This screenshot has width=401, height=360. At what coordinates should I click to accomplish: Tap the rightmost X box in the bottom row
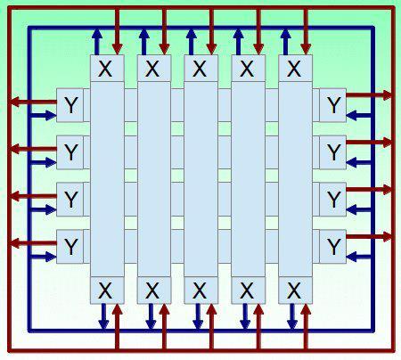click(x=295, y=290)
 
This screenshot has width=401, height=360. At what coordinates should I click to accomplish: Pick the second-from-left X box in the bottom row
click(x=154, y=290)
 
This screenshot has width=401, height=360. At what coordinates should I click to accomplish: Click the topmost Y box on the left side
click(x=70, y=105)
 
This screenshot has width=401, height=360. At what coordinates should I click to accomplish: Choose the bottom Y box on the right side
click(x=332, y=246)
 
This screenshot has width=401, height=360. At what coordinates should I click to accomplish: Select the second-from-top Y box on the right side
click(x=332, y=152)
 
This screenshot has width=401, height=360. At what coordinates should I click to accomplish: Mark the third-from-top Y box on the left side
click(x=70, y=199)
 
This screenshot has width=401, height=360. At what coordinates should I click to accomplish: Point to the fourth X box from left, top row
click(x=248, y=68)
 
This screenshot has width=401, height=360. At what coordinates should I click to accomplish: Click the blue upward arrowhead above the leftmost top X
click(x=97, y=34)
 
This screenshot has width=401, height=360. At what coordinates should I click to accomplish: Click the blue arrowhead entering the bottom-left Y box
click(x=51, y=257)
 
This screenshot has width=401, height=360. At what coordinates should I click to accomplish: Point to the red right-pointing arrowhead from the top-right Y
click(x=388, y=95)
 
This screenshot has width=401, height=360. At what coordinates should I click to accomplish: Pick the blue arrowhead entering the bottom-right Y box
click(x=352, y=257)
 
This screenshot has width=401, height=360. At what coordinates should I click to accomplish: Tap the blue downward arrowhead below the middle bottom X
click(x=198, y=324)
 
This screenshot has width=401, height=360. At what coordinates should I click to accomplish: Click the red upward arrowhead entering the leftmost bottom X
click(x=118, y=309)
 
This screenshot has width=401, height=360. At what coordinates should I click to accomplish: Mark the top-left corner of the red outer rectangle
click(x=10, y=8)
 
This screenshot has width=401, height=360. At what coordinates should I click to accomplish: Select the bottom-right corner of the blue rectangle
click(x=373, y=331)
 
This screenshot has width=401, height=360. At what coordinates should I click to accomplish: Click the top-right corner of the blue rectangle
click(x=373, y=28)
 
